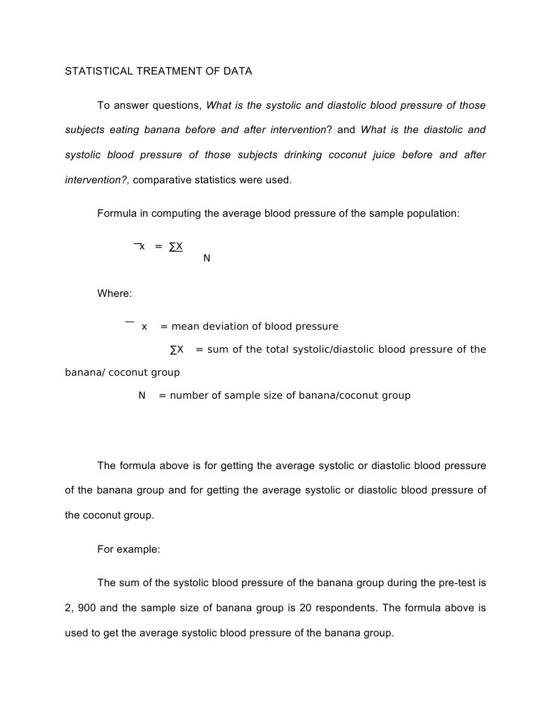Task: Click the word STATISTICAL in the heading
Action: [x=93, y=71]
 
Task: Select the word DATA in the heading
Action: [x=238, y=71]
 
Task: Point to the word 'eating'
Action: [x=124, y=130]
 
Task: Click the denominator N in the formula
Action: [x=207, y=259]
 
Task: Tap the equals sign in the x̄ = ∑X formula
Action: [x=158, y=246]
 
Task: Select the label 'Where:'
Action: [x=114, y=293]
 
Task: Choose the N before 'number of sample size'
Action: [x=142, y=395]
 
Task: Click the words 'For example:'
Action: [x=128, y=549]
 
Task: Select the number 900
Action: [x=87, y=608]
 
